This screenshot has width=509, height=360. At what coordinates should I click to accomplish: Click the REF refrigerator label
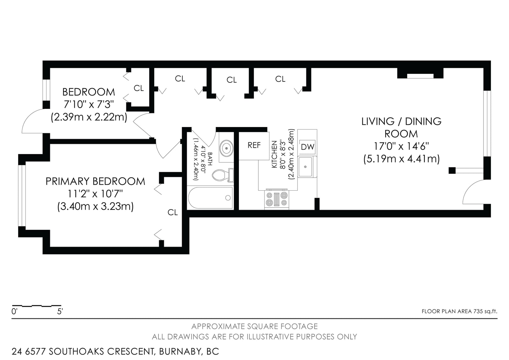click(254, 145)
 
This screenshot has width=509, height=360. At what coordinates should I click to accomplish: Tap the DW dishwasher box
click(307, 147)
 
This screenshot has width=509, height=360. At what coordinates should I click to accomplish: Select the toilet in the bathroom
click(223, 175)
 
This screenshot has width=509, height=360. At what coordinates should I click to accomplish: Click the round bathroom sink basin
click(226, 148)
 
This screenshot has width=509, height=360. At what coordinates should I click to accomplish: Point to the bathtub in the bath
click(210, 198)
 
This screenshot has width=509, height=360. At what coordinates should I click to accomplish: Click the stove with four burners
click(276, 199)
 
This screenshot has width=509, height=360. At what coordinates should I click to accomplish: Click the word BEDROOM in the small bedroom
click(89, 92)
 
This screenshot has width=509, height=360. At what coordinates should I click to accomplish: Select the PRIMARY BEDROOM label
click(95, 181)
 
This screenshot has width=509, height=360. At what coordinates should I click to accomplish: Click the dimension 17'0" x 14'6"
click(401, 146)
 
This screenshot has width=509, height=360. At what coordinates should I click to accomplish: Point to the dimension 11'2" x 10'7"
click(95, 194)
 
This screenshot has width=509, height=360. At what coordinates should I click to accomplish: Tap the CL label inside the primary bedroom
click(172, 212)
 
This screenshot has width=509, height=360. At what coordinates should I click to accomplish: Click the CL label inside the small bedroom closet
click(139, 88)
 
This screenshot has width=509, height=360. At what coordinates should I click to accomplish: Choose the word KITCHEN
click(275, 154)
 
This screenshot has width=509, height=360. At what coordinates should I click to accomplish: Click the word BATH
click(210, 159)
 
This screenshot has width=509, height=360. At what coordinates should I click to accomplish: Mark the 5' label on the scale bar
click(60, 311)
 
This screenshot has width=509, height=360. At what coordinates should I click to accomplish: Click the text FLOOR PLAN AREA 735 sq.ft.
click(459, 311)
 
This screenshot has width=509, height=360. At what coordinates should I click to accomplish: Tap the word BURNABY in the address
click(180, 352)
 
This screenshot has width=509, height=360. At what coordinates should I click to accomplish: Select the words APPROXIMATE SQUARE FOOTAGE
click(254, 326)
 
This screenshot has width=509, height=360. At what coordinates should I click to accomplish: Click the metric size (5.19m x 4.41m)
click(401, 159)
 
